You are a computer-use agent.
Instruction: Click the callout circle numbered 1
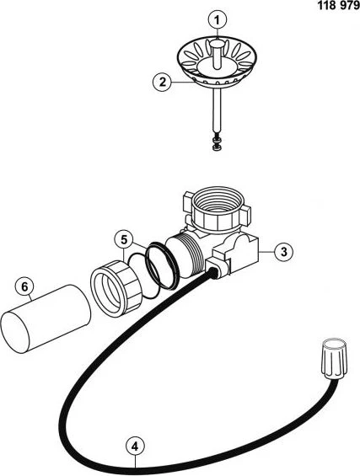click(218, 20)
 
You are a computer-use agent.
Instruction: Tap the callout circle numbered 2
click(162, 82)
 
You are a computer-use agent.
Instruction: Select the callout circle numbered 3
click(284, 252)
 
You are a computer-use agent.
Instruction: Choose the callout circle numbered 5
click(124, 240)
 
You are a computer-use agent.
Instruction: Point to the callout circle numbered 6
click(25, 287)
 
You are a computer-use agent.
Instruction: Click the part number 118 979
click(338, 5)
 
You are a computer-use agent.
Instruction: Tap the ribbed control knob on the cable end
click(334, 358)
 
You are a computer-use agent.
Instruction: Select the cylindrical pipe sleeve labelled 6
click(46, 318)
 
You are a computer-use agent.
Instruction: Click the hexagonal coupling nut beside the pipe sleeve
click(116, 289)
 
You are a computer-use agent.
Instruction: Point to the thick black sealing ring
click(162, 265)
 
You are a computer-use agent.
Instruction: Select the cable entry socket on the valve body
click(216, 269)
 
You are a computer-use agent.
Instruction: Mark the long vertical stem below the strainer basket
click(217, 110)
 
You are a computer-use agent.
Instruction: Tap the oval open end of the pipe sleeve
click(15, 333)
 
